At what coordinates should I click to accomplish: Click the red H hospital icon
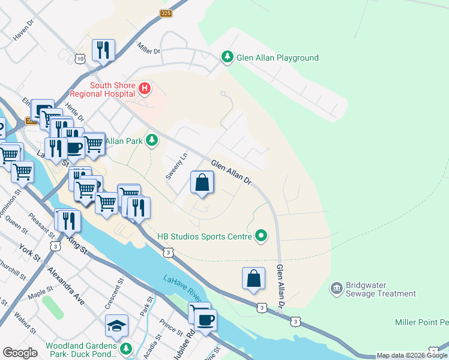coord(144,89)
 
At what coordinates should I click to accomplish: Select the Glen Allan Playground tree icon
coord(227,58)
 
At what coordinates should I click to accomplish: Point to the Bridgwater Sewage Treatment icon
coord(336,289)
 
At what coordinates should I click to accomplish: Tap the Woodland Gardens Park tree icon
coord(125,349)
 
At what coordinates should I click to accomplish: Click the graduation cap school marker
coord(116,325)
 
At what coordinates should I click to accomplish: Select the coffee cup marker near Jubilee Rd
coord(205,319)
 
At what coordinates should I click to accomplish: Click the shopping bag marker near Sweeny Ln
coord(202,182)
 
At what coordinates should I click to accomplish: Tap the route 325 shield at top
coord(167,13)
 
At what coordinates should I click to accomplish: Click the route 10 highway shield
coord(80,58)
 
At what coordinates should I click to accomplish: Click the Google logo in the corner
coord(20,353)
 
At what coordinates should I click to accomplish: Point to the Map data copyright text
coord(412,355)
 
